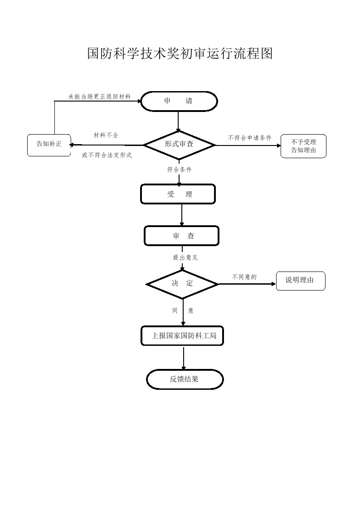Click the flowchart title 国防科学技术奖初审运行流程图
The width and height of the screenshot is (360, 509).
[180, 53]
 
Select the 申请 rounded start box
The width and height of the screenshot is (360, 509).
[179, 101]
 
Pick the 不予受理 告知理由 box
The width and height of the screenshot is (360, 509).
[303, 146]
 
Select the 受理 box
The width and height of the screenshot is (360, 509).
[178, 194]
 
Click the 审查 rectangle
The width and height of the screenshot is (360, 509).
[182, 236]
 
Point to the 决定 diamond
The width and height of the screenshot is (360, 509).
[182, 284]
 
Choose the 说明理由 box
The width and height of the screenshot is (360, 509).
[300, 281]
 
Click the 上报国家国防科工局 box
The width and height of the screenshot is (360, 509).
[182, 336]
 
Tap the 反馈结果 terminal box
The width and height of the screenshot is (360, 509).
[185, 379]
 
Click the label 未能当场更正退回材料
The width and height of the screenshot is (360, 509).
[99, 97]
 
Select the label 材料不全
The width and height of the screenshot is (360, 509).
[106, 135]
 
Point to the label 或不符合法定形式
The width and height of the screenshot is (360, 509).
[107, 155]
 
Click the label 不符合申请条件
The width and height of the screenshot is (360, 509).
[249, 138]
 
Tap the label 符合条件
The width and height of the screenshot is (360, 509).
[179, 170]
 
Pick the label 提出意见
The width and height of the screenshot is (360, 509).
[185, 257]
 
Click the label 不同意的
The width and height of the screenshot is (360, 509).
[244, 277]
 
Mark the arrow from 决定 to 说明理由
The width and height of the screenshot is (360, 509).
[247, 284]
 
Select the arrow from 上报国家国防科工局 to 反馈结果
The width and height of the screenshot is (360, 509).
[184, 358]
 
